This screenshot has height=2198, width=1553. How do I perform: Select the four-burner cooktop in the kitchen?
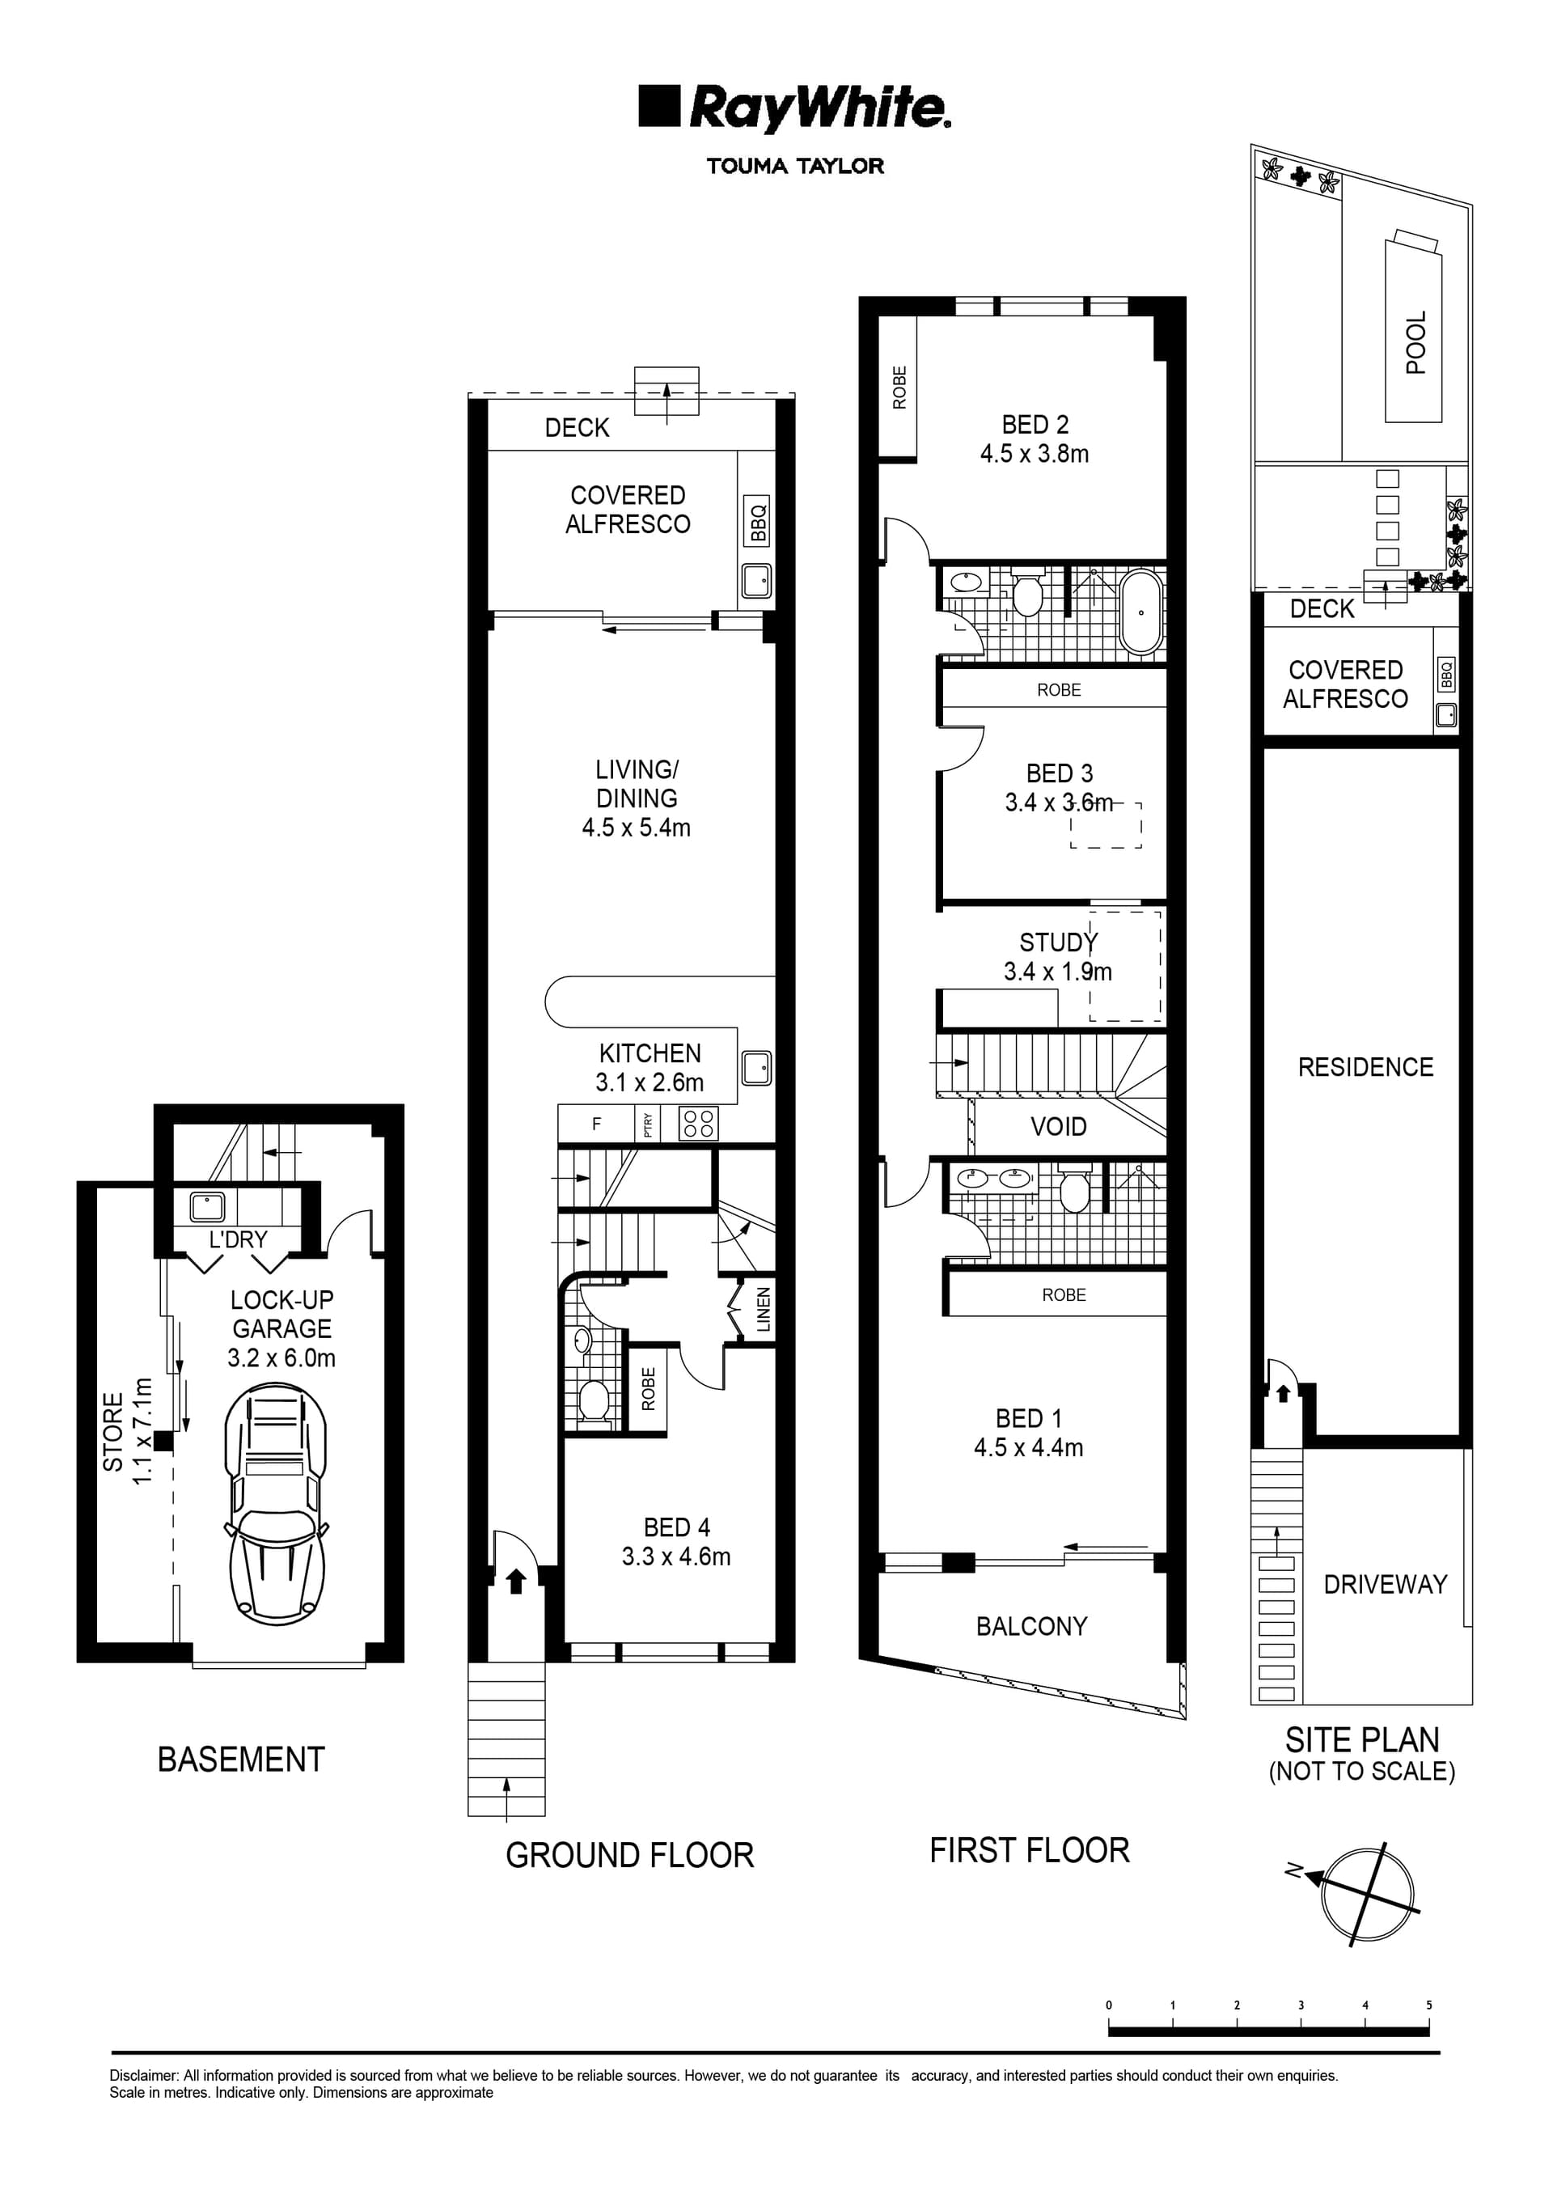coord(698,1124)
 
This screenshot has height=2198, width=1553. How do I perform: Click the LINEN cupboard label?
coord(763,1309)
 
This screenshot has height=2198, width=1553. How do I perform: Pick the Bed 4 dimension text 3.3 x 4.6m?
coord(676,1556)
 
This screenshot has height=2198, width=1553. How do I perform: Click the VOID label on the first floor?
coord(1058,1127)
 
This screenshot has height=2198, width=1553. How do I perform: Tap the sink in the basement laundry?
coord(207,1207)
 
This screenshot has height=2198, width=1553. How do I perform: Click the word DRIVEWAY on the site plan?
coord(1385,1584)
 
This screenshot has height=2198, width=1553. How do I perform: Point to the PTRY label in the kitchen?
coord(648,1124)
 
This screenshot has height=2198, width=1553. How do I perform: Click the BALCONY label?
coord(1031,1627)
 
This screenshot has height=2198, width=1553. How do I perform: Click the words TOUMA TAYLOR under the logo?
coord(794,167)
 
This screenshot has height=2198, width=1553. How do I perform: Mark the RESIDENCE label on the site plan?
coord(1365,1067)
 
